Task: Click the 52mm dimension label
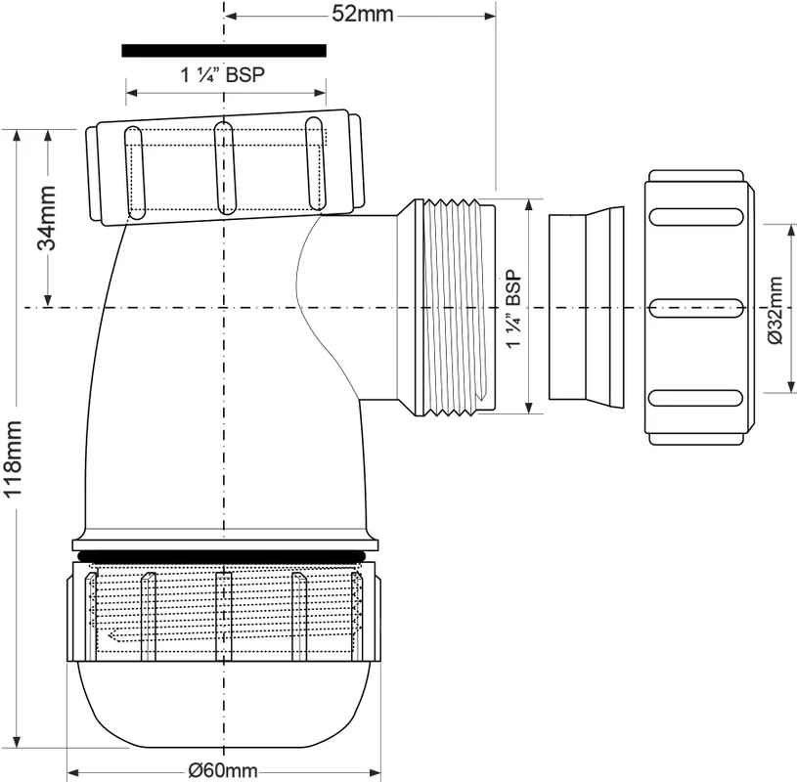click(363, 14)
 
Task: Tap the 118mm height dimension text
click(12, 458)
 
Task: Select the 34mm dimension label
click(47, 217)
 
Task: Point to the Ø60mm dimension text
click(223, 770)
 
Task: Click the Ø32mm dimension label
click(775, 311)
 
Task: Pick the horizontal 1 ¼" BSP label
click(223, 75)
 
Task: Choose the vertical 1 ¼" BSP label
click(513, 309)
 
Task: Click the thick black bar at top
click(224, 50)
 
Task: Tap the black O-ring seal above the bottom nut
click(225, 555)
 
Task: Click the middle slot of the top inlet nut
click(225, 168)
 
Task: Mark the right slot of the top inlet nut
click(316, 163)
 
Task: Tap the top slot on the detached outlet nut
click(696, 216)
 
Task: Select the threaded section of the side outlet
click(453, 308)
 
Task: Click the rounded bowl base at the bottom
click(224, 704)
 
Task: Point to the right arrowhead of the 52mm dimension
click(490, 17)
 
